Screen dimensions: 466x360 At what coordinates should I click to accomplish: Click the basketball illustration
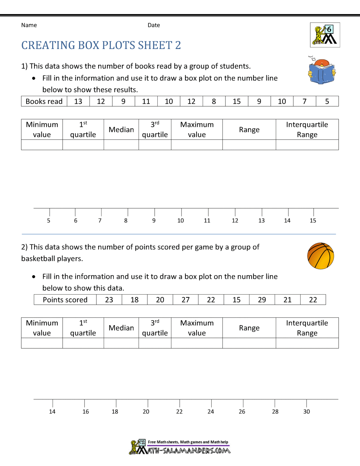[x=320, y=256]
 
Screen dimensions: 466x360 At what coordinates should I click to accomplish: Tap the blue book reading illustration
[x=322, y=71]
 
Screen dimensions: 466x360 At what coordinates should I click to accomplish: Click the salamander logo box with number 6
[x=325, y=35]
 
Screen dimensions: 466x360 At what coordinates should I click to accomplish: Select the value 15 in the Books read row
[x=237, y=102]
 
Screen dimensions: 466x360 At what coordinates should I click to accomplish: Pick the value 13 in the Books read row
[x=78, y=102]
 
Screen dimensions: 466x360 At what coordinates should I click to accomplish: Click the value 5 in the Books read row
[x=327, y=102]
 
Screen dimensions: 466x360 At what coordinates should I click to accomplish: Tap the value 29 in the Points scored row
[x=262, y=300]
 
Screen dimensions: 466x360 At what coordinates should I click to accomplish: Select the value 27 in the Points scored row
[x=185, y=300]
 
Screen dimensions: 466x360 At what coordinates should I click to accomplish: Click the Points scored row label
[x=65, y=300]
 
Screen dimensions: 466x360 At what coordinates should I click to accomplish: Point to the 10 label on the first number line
[x=180, y=221]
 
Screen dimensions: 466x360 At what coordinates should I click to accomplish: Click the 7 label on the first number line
[x=100, y=221]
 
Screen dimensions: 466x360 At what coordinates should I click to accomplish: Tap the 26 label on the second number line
[x=242, y=412]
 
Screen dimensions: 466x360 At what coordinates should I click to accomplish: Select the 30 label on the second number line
[x=306, y=412]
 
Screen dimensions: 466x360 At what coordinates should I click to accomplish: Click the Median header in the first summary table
[x=121, y=130]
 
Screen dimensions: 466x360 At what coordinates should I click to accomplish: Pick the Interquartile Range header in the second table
[x=307, y=328]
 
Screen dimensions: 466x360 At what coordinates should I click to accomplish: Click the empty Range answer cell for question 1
[x=249, y=145]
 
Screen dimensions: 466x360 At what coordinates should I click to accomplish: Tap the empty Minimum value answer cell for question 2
[x=42, y=343]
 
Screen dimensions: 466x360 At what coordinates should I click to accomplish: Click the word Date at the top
[x=154, y=25]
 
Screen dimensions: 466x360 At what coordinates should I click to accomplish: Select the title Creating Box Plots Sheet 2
[x=101, y=45]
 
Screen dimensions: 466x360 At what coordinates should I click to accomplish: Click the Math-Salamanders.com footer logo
[x=180, y=447]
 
